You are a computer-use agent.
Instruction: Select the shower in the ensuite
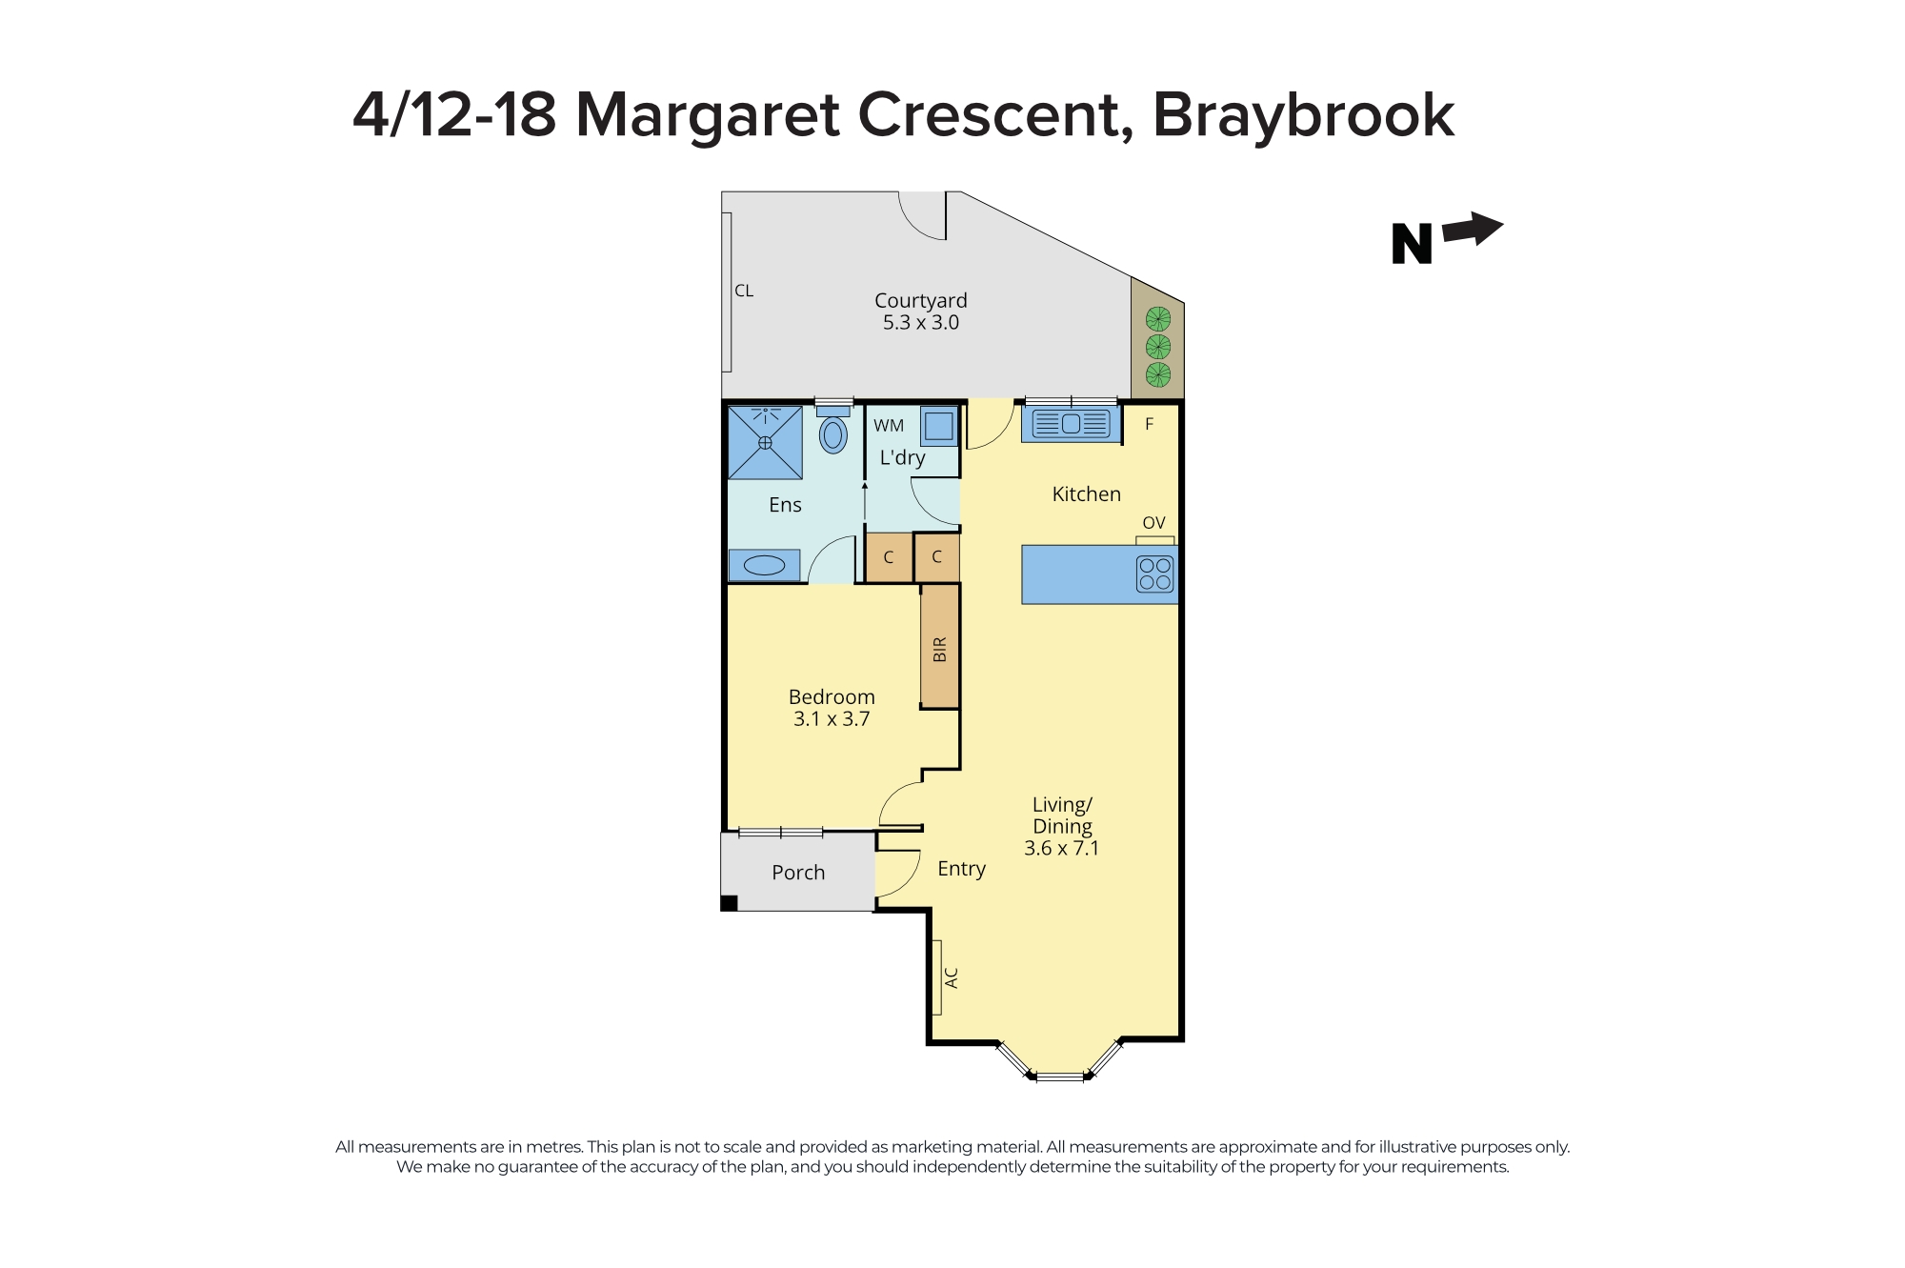[765, 442]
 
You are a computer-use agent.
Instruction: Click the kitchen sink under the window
[1071, 423]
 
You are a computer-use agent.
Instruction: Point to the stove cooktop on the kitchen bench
[1154, 574]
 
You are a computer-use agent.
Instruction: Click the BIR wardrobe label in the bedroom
[940, 649]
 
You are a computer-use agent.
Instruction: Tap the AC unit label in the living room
[951, 977]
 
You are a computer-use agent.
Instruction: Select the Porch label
[798, 872]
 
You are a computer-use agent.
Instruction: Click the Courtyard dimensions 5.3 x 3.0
[920, 323]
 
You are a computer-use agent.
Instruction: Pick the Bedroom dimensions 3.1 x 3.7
[832, 719]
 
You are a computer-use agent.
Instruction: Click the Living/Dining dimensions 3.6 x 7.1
[1061, 848]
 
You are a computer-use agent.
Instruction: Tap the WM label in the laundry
[889, 426]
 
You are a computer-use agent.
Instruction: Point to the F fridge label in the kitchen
[1149, 425]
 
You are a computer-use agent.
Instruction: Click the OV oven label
[1153, 523]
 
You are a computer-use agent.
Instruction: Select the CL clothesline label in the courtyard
[744, 292]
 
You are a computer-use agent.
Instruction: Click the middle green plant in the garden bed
[1157, 346]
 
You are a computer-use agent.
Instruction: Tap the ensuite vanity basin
[764, 566]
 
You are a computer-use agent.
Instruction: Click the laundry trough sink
[939, 426]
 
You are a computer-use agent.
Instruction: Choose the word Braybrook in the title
[1303, 115]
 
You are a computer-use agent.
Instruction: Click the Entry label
[961, 869]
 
